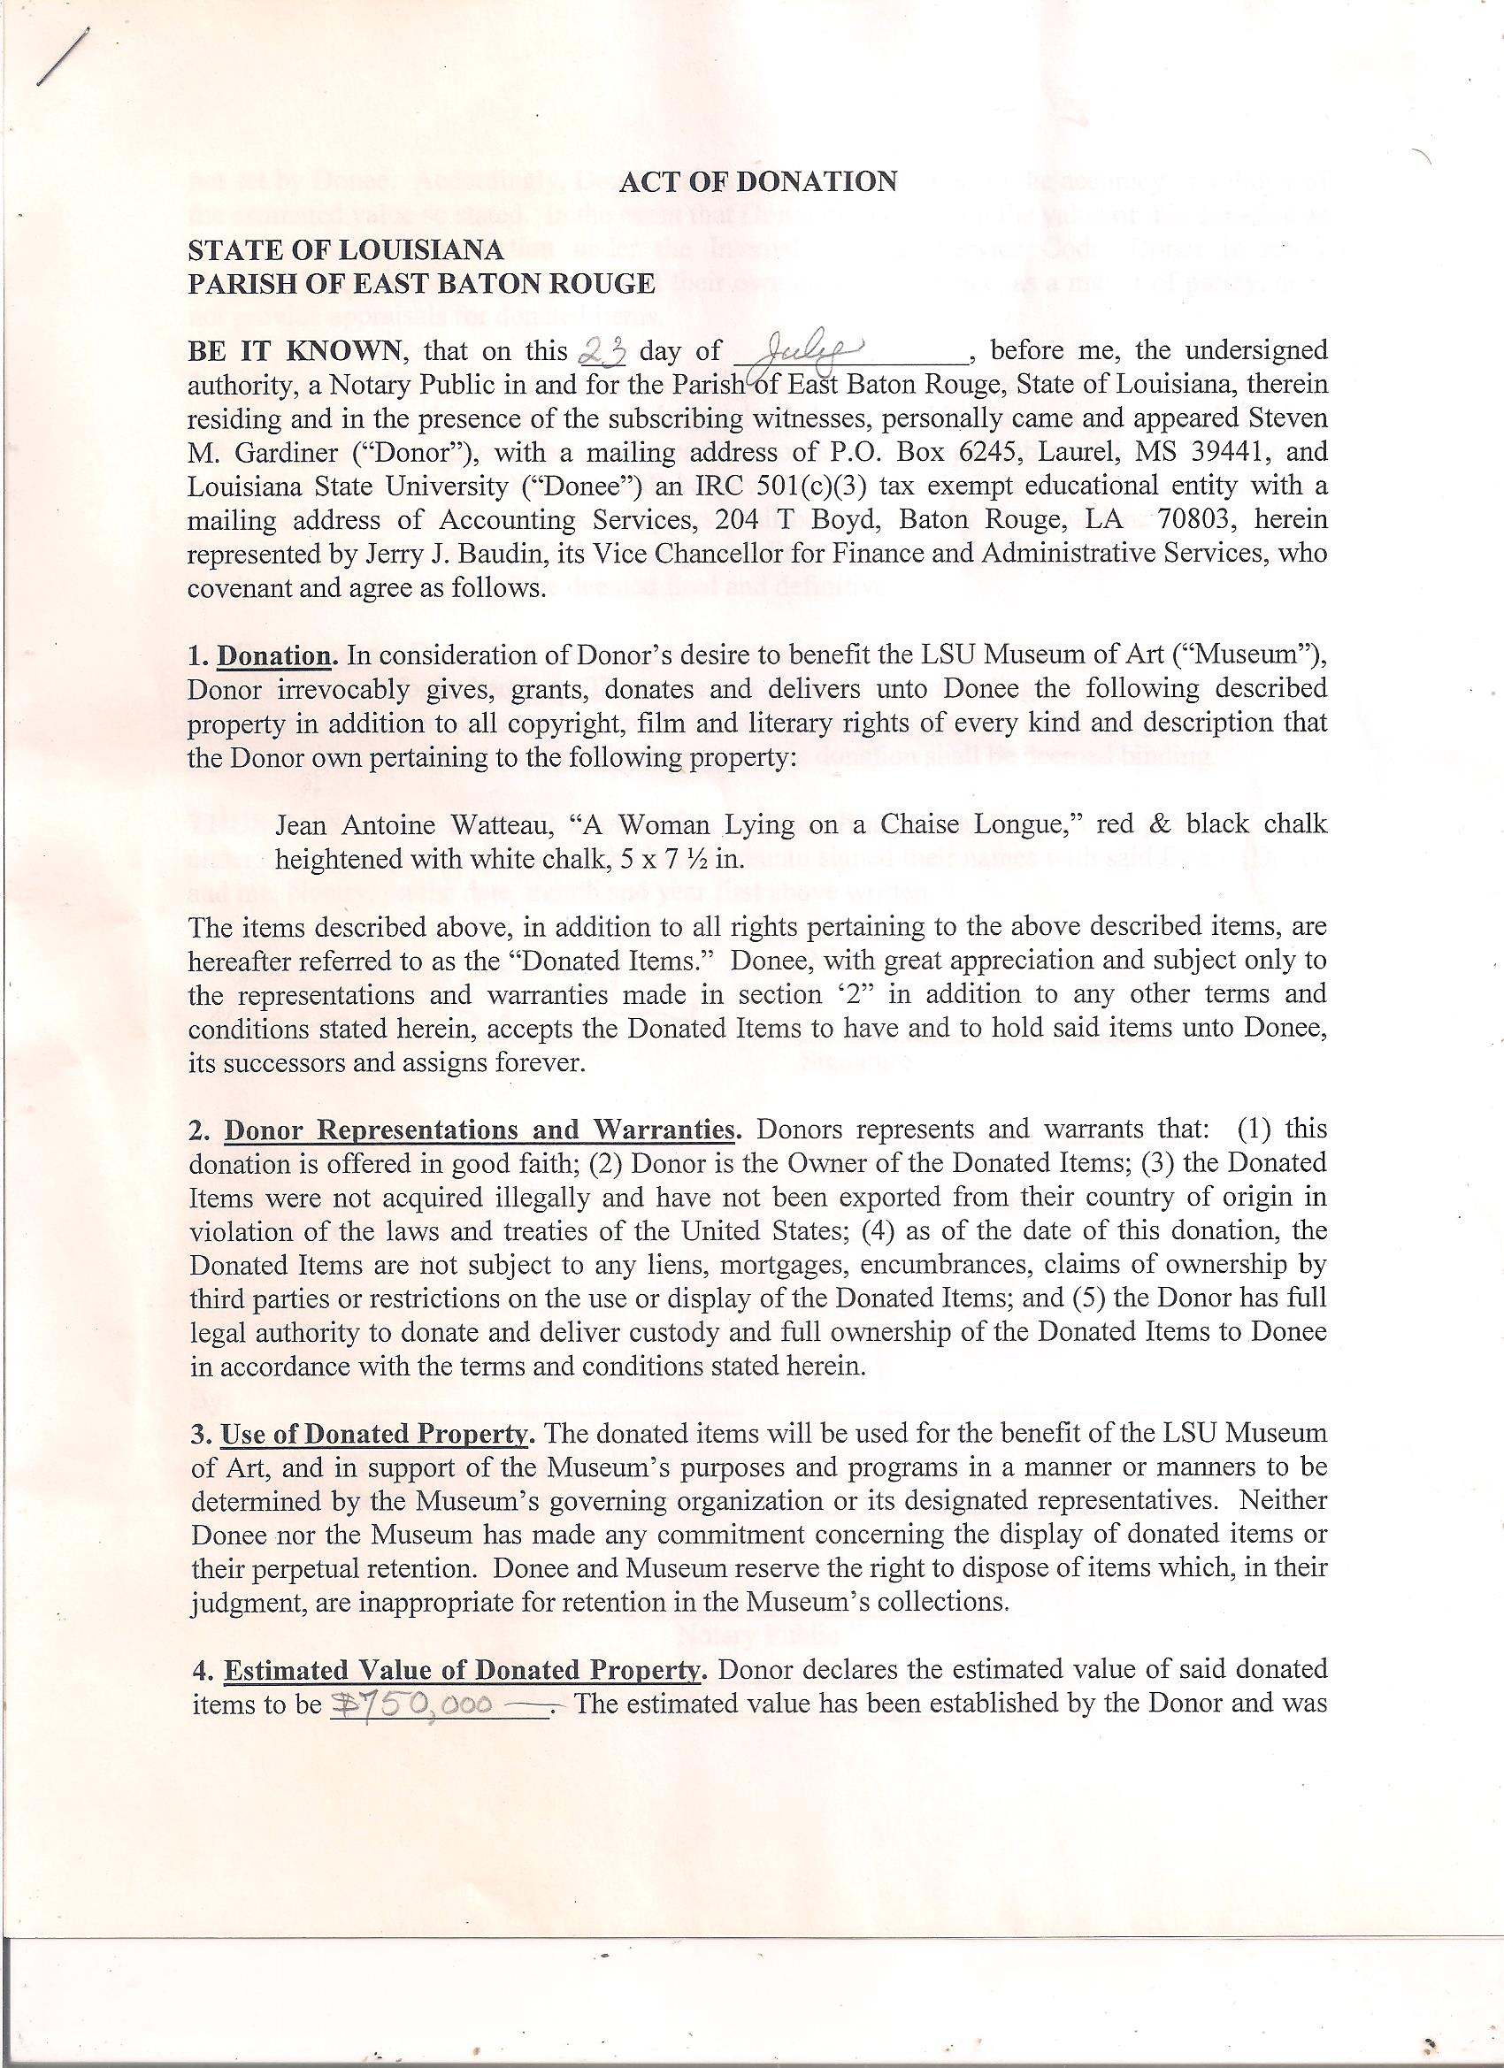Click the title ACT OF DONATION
tap(758, 182)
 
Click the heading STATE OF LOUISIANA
tap(345, 249)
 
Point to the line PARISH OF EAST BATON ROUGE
tap(420, 284)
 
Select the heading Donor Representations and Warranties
tap(480, 1130)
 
